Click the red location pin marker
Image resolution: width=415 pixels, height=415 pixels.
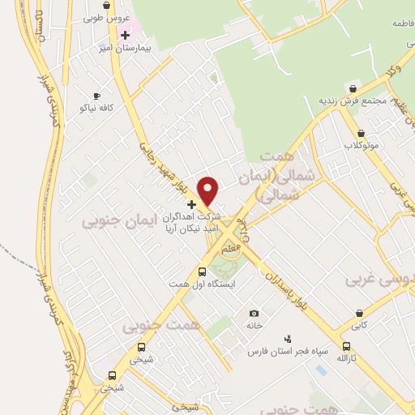(x=209, y=190)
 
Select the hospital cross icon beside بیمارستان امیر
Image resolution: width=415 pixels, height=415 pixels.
(x=125, y=35)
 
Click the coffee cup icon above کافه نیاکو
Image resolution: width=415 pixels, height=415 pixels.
(x=97, y=95)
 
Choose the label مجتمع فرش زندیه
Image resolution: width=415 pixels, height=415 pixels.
(x=353, y=100)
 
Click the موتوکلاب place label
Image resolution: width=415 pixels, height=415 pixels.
(x=362, y=146)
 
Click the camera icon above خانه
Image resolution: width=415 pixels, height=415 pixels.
(x=255, y=314)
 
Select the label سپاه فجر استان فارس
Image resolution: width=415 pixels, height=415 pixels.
(x=288, y=352)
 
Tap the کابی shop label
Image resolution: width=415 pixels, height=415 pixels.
(x=359, y=325)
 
